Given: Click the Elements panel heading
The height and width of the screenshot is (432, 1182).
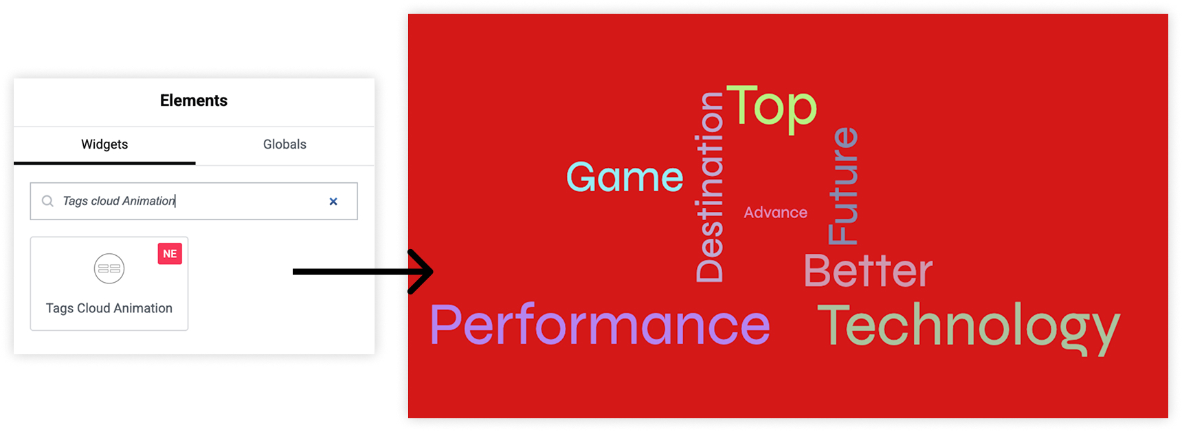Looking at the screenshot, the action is point(194,100).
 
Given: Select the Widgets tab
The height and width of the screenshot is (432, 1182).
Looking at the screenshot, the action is point(104,144).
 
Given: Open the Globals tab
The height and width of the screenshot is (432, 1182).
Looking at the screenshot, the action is point(285,144).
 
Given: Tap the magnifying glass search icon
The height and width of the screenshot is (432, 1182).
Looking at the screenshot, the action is point(47,201).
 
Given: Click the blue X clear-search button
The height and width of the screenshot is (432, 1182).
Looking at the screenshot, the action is point(333,202).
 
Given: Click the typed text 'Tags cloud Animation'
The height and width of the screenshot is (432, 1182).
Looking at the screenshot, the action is point(119,201).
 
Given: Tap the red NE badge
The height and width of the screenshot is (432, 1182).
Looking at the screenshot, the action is point(170,254).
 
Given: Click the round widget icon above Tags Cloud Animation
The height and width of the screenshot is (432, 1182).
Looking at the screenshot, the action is point(109,268).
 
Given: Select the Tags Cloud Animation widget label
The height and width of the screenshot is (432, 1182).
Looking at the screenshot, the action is point(109,308).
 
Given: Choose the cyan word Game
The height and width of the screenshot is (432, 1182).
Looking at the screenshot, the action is point(625,177).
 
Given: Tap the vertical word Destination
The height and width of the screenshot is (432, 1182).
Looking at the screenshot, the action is point(710,187).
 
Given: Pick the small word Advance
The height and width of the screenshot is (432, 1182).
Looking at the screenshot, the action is point(776,213).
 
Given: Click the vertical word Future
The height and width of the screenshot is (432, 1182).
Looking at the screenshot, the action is point(843,186).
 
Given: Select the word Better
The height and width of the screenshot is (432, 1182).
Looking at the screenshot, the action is point(868,270).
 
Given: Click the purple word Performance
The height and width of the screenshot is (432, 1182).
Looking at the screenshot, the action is point(600,325).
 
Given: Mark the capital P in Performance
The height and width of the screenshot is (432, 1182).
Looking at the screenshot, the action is point(445,325).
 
